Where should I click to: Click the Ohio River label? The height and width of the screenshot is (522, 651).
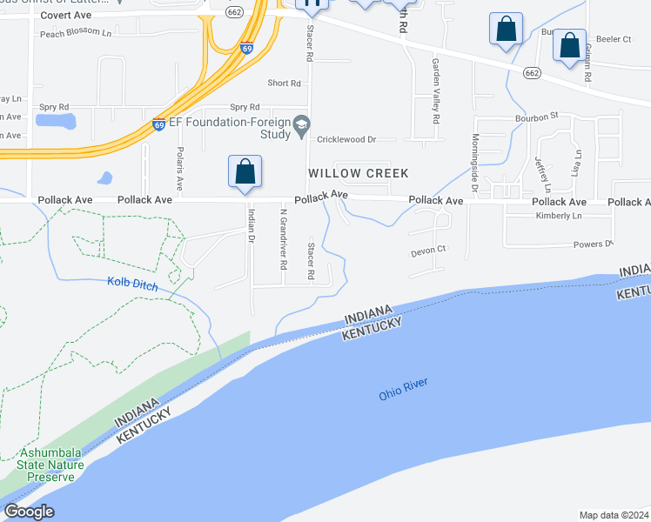404,389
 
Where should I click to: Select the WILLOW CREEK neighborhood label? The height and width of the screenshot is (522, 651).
358,173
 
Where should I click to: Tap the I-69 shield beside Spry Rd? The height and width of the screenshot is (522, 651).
159,125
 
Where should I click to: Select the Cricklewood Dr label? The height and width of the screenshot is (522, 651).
346,139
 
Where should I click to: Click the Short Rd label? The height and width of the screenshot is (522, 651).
284,84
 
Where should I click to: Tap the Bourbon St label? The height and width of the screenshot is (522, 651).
535,115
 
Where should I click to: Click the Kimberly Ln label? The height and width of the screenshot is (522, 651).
559,216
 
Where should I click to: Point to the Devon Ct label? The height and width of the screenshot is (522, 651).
428,250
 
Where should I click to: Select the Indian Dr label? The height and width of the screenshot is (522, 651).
251,224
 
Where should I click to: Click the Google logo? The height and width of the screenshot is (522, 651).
29,512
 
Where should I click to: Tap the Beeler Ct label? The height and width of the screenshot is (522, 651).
614,39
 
